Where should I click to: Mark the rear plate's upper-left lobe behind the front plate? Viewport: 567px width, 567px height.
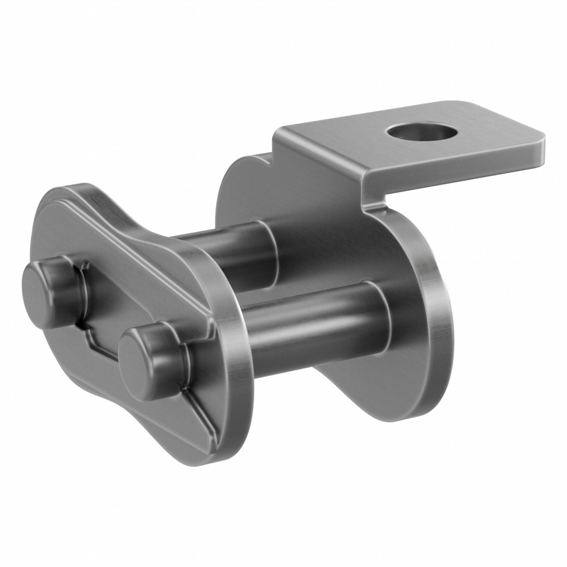click(x=232, y=182)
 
